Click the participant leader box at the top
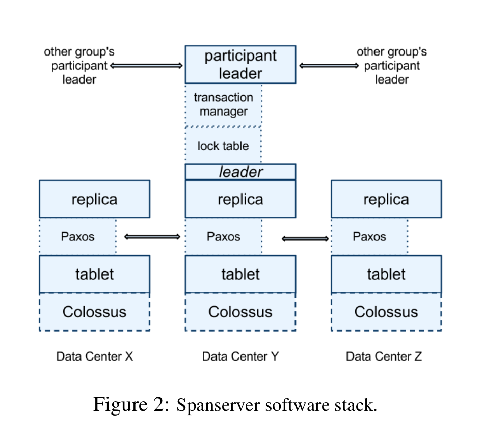[240, 65]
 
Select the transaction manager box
[223, 104]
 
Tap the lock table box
[223, 146]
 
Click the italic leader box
[240, 172]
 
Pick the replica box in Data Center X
[94, 199]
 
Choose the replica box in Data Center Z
[386, 199]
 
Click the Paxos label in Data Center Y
[224, 236]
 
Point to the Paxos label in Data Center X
[77, 236]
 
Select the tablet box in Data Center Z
[386, 274]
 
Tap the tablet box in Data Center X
[94, 274]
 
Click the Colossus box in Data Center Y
[240, 312]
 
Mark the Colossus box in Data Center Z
[386, 312]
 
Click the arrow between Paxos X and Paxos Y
[152, 237]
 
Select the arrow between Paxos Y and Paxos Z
[305, 238]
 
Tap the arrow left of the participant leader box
[146, 65]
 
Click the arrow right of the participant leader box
[329, 65]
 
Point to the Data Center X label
[95, 356]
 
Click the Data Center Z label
[384, 356]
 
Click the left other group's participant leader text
[79, 65]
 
